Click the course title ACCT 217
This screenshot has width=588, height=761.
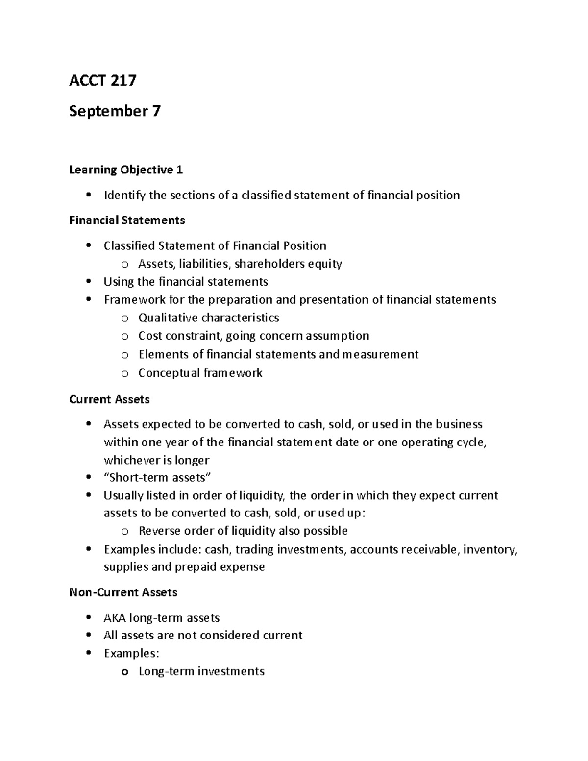click(102, 80)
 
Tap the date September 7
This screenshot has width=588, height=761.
click(115, 111)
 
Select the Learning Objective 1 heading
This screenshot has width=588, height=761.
click(126, 170)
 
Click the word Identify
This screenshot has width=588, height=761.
click(124, 196)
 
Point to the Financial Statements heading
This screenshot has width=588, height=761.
click(127, 221)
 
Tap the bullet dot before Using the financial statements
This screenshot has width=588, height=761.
click(88, 282)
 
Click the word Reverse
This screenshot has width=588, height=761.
click(159, 531)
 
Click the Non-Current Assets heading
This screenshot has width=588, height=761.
click(123, 592)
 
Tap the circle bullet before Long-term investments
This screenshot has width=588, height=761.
click(125, 672)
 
